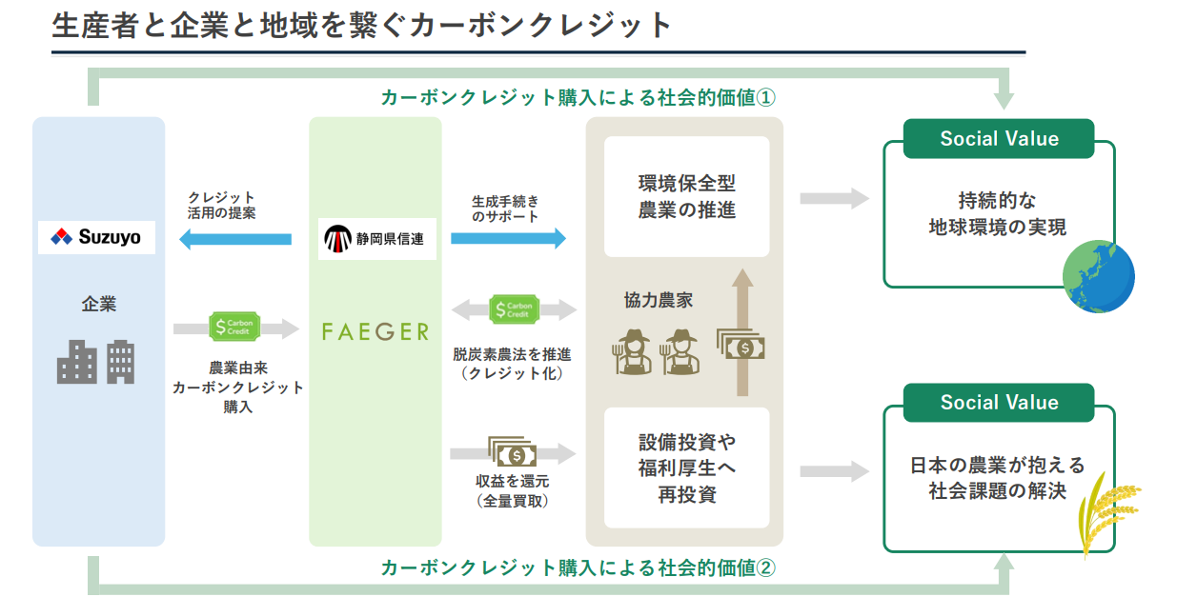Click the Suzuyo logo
tap(96, 237)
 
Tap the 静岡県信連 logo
tap(376, 239)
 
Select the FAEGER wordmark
tap(375, 331)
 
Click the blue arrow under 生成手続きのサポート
tap(508, 238)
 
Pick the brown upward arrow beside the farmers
tap(742, 332)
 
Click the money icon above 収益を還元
tap(513, 452)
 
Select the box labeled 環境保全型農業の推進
tap(686, 196)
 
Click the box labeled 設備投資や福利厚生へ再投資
tap(686, 468)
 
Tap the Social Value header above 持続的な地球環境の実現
tap(999, 139)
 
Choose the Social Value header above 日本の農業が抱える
tap(999, 402)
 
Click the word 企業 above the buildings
tap(98, 306)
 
